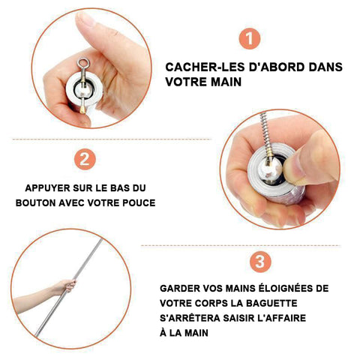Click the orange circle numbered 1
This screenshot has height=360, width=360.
coord(250,39)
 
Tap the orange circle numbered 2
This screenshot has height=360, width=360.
coord(85,159)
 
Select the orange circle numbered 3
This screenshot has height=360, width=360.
coord(260,262)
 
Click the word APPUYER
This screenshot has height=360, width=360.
coord(48,188)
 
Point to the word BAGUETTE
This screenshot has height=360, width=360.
coord(271,303)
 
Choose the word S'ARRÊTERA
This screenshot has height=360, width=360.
coord(190,317)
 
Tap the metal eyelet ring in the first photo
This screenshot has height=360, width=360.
coord(83,62)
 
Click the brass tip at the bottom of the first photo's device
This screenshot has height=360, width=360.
coord(82,109)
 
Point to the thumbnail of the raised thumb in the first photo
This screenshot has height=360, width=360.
coord(86,18)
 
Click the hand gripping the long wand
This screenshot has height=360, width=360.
coord(65,286)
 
